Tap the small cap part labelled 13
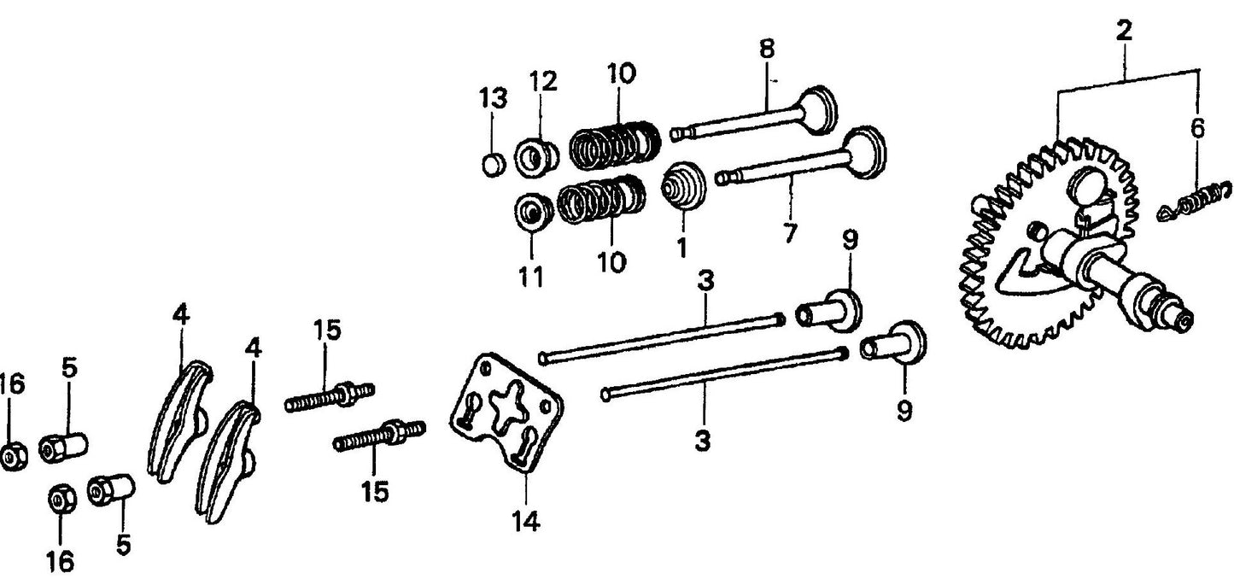click(493, 161)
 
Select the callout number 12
click(542, 82)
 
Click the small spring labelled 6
click(1195, 203)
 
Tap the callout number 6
click(1197, 129)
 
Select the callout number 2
click(1124, 32)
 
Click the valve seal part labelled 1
click(685, 184)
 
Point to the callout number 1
click(681, 247)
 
